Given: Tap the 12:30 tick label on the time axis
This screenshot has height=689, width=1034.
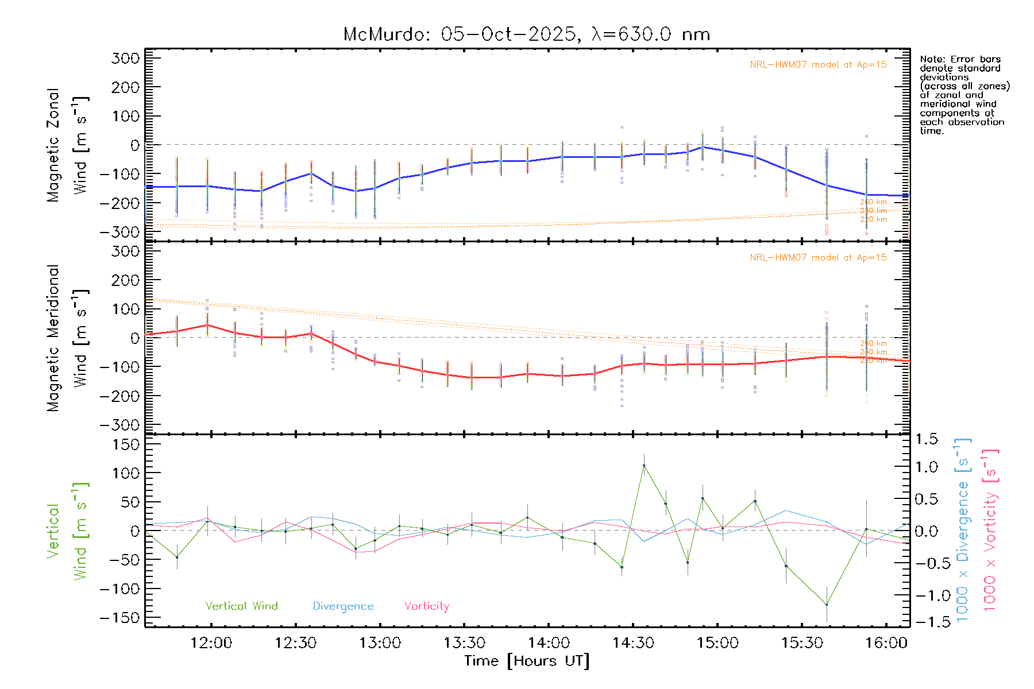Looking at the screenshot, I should [x=295, y=643].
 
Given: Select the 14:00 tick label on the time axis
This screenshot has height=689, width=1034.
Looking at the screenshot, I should [x=549, y=643].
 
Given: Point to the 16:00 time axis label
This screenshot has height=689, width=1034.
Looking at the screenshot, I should [x=886, y=643].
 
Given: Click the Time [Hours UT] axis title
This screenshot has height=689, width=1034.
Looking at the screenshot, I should [x=527, y=661].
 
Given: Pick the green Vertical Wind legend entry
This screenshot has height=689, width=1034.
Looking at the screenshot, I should [x=241, y=606].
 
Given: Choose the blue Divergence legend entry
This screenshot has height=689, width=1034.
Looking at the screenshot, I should [x=343, y=606].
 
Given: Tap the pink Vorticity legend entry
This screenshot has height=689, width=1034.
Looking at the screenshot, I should [x=426, y=606].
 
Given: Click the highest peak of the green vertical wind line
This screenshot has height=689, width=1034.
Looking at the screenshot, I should [x=644, y=466].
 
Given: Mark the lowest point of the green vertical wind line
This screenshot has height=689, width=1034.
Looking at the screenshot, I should [x=827, y=605].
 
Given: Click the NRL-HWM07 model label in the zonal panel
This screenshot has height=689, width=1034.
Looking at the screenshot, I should [x=818, y=65].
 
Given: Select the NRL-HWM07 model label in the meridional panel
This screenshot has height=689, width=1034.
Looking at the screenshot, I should [x=818, y=258].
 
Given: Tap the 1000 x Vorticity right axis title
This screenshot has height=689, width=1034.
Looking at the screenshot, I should [x=990, y=530].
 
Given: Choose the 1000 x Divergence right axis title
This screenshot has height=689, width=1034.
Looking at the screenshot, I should [x=963, y=530].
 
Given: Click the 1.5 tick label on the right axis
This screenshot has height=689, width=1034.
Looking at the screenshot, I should [x=926, y=439].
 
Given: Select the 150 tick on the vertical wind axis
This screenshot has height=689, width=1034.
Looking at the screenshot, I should [x=126, y=444].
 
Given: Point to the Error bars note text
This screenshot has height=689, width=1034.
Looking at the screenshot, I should [x=964, y=95].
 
